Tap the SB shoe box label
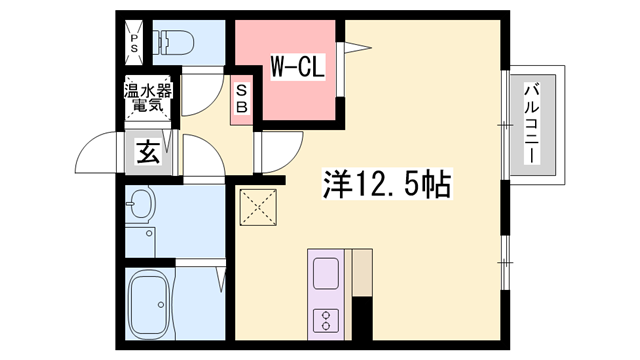click(242, 97)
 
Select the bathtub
click(156, 303)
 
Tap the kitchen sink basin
click(327, 273)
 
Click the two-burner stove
click(327, 321)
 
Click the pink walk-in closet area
click(290, 95)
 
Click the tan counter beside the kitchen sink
click(360, 271)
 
